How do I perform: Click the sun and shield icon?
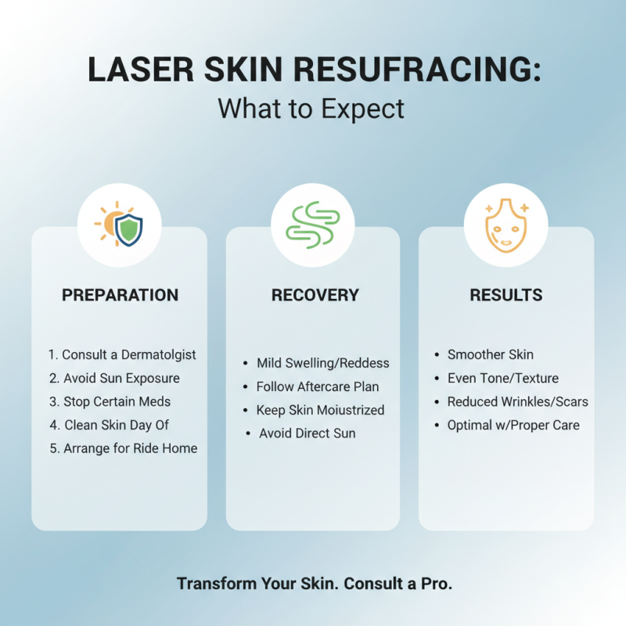pos(119,225)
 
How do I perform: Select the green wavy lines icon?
pos(312,225)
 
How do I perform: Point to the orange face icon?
pos(505,225)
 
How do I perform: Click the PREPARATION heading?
pos(120,295)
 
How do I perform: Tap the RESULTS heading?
pos(505,295)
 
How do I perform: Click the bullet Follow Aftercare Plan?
pos(318,387)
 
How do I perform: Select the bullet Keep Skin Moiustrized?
pos(320,410)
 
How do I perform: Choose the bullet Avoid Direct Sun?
pos(307,433)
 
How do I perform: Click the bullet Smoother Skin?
pos(490,354)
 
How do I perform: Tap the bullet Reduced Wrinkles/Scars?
pos(517,401)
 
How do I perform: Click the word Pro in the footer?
pos(438,584)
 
